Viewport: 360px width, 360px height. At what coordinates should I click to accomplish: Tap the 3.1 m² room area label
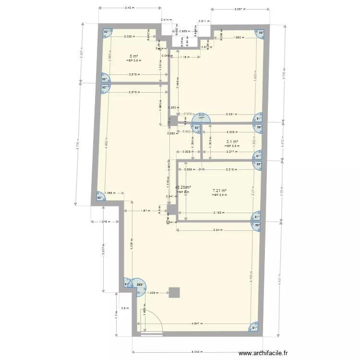tap(232, 142)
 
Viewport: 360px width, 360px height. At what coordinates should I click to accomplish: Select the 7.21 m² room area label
tap(219, 191)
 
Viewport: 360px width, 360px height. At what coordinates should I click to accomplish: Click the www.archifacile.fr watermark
tap(264, 353)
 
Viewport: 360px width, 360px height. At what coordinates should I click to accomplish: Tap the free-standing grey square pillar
tap(173, 293)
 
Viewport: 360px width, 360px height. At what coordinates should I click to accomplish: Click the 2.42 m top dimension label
tap(129, 8)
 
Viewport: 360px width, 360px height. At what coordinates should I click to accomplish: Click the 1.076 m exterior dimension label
tap(105, 222)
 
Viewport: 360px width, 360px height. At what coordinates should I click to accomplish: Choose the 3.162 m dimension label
tap(220, 213)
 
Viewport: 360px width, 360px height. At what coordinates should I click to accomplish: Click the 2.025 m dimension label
tap(129, 36)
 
